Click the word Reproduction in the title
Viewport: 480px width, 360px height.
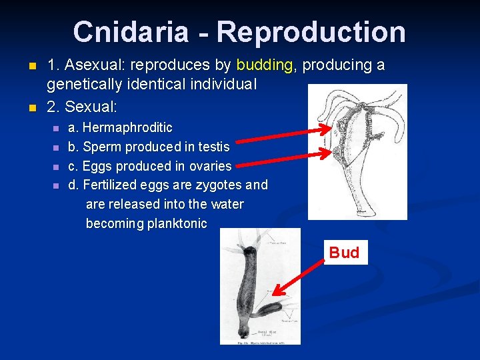311,32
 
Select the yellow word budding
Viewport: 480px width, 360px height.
265,65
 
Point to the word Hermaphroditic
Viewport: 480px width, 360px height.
127,127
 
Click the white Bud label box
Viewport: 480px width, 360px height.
344,253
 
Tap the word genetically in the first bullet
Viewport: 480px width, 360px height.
83,85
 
